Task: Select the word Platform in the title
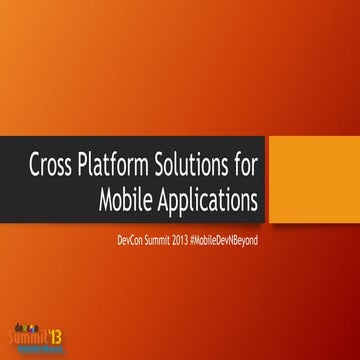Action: (122, 164)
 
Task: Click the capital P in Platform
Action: (94, 164)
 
